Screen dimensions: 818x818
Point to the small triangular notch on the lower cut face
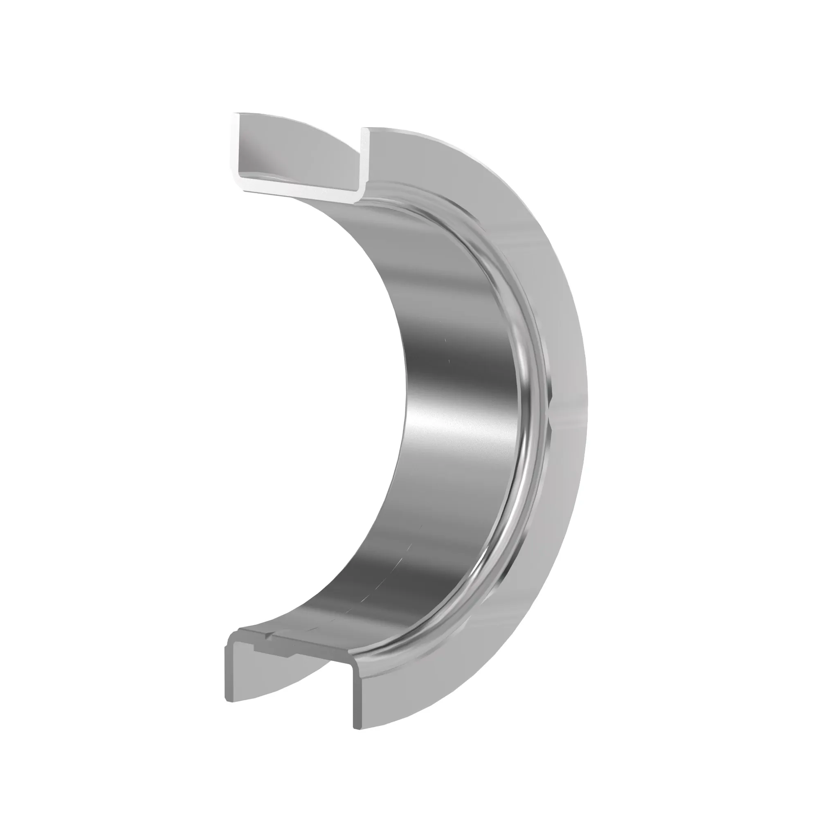267,647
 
